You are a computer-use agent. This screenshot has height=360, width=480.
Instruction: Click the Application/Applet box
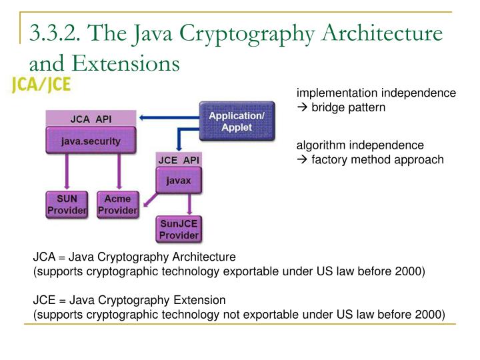[237, 121]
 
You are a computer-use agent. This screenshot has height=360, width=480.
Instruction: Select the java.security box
[91, 141]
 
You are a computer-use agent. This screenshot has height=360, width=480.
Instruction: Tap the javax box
[178, 181]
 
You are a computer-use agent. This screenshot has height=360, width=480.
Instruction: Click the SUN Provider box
[66, 205]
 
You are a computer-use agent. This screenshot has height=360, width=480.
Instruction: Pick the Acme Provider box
[117, 205]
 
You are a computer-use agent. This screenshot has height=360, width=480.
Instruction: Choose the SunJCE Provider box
[179, 229]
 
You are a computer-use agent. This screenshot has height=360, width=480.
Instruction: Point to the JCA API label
[91, 119]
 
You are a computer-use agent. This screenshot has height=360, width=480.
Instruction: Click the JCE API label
[178, 161]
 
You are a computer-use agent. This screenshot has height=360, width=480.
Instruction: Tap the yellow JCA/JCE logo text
[41, 85]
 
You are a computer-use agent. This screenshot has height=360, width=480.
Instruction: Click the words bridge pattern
[348, 107]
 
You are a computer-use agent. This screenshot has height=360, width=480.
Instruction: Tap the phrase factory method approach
[377, 159]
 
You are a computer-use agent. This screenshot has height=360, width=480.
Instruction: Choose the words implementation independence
[376, 93]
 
